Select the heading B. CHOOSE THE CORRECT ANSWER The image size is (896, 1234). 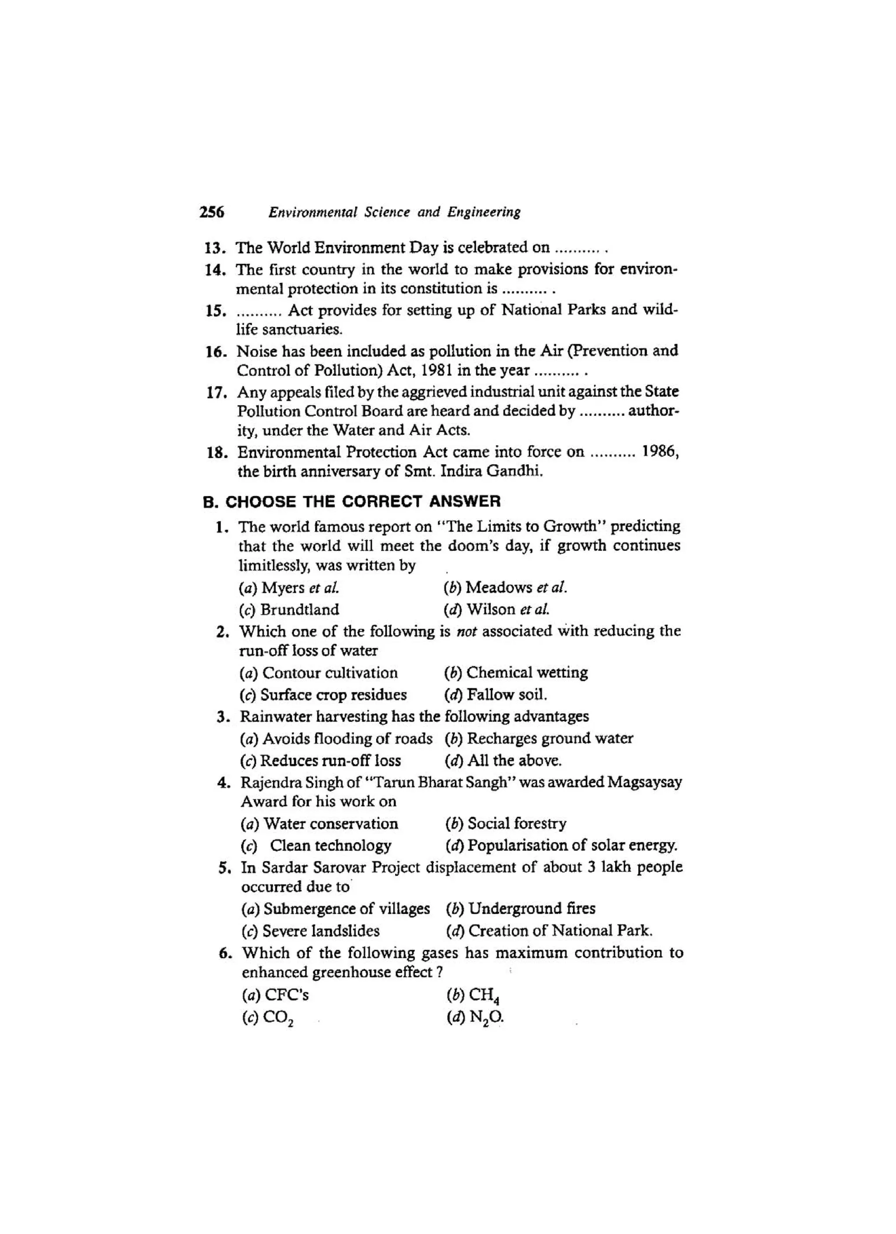click(x=352, y=501)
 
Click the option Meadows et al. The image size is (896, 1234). click(x=506, y=588)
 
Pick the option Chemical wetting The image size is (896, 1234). click(x=516, y=673)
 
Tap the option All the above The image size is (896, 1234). click(x=504, y=760)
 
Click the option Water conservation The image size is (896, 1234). click(x=320, y=824)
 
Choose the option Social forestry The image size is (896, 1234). click(x=506, y=824)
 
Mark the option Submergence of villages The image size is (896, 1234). click(x=336, y=909)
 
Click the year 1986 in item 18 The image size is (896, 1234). click(x=659, y=451)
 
